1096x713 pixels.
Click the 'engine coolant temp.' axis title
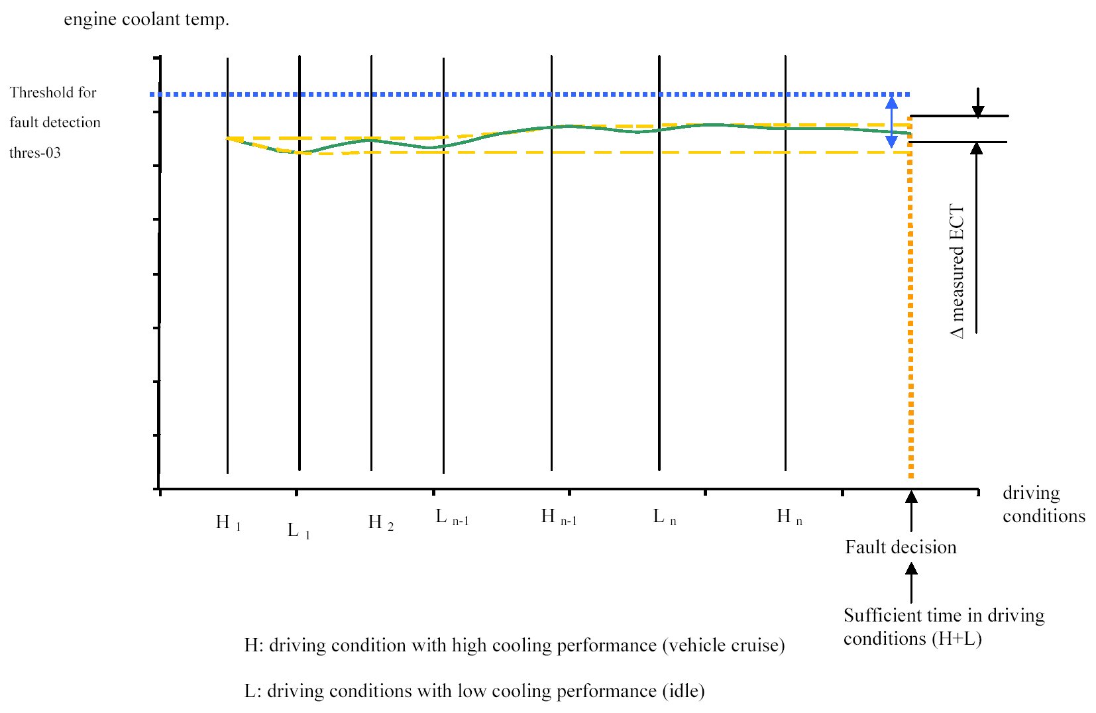click(x=146, y=19)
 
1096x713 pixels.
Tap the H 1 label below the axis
click(x=228, y=522)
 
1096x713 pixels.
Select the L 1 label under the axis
click(x=298, y=530)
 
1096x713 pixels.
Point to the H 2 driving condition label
click(x=380, y=522)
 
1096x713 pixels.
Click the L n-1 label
click(x=452, y=517)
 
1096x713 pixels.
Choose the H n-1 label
click(x=559, y=516)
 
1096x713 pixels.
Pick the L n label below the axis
click(x=664, y=516)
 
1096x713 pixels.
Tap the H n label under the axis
click(x=789, y=516)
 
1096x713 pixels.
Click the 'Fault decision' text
click(x=901, y=547)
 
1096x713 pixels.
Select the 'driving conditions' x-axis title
click(x=1043, y=504)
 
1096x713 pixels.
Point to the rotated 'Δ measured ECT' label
click(x=958, y=272)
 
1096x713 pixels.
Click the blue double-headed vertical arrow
click(x=892, y=121)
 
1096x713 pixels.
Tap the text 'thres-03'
click(x=35, y=153)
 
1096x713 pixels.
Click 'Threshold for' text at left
click(x=53, y=93)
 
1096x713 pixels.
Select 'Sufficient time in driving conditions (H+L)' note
click(x=943, y=627)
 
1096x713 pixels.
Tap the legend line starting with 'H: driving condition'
click(x=514, y=645)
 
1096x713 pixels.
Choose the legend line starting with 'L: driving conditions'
click(x=474, y=691)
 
